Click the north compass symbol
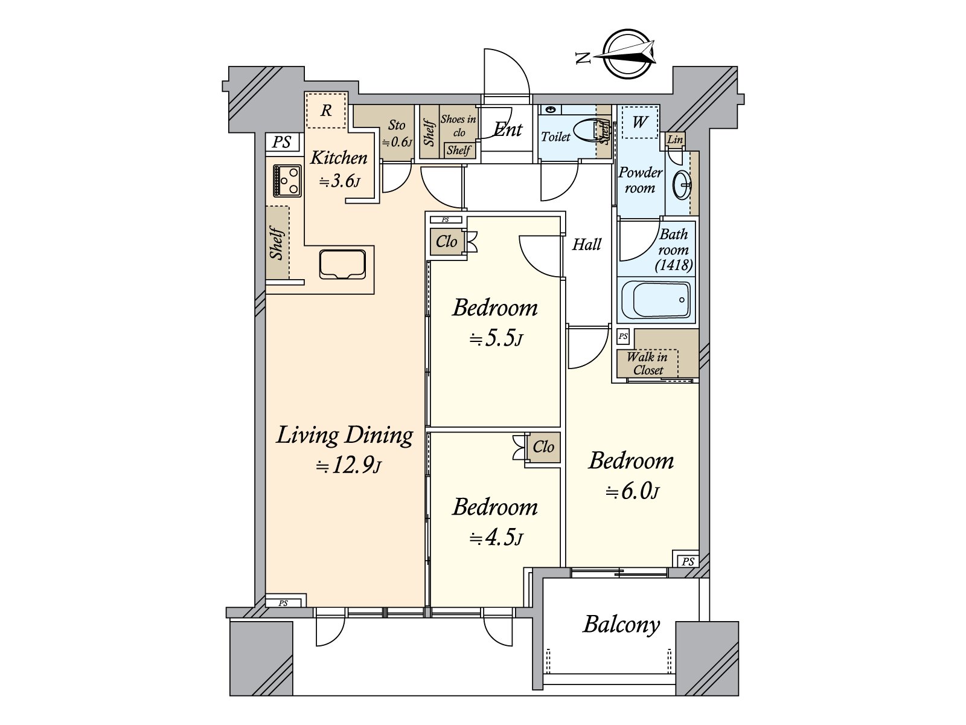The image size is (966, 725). pos(627,54)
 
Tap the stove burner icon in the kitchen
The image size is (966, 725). pos(287,181)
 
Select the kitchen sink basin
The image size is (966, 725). pos(343,264)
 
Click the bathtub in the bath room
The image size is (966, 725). pos(656,300)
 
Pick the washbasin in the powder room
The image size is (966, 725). pos(682,185)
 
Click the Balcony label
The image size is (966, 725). pos(621,625)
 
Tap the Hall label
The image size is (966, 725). pos(587,244)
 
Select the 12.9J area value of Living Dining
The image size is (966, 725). pos(349,465)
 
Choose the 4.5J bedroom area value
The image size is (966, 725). pos(496,538)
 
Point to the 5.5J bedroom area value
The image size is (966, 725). pos(496,338)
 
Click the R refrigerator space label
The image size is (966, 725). pos(326,110)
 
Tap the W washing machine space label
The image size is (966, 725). pos(639,121)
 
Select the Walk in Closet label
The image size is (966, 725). pos(647,363)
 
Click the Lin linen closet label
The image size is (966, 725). pos(675,140)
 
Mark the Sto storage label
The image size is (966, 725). pos(397,125)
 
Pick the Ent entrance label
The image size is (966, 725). pos(508,129)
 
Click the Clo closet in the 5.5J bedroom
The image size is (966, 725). pos(447,241)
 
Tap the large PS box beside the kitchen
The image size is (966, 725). pos(282,142)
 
